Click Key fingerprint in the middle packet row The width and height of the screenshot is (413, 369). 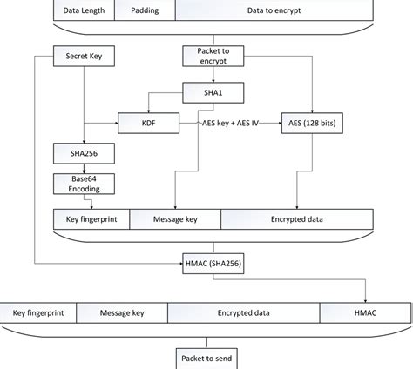91,220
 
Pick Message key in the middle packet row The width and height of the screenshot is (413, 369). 175,220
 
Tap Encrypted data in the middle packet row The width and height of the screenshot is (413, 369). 298,220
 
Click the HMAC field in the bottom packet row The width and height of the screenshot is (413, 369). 363,311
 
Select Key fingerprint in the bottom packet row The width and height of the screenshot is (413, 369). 39,311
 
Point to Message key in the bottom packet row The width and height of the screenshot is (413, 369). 122,311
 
